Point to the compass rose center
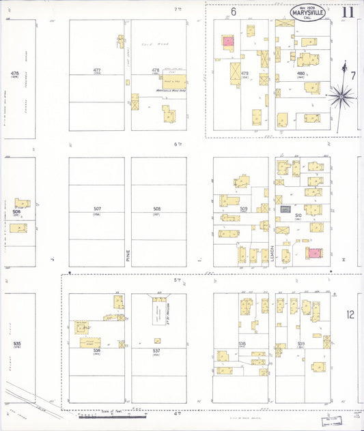click(339, 97)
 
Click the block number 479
click(244, 73)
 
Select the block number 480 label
click(301, 73)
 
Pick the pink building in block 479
click(227, 42)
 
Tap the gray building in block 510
click(285, 209)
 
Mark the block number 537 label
click(157, 351)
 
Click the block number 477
click(97, 70)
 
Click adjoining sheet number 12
click(350, 314)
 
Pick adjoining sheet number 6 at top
click(233, 12)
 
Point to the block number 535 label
click(17, 344)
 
